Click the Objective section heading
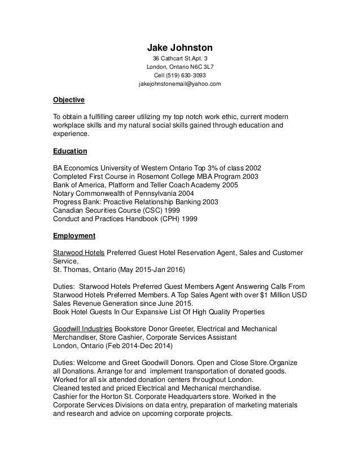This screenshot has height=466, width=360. (68, 100)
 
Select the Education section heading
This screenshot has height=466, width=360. (70, 151)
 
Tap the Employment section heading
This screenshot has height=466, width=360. (74, 235)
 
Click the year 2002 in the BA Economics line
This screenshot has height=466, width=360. (251, 168)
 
